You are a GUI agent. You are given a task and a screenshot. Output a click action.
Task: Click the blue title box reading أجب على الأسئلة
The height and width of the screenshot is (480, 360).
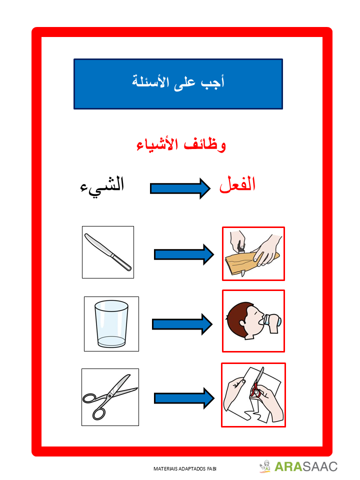point(178,83)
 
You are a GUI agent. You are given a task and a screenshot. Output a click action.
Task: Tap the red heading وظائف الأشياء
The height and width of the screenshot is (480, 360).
point(181,145)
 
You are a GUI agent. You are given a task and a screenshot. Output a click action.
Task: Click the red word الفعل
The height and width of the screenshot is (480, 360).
point(237,184)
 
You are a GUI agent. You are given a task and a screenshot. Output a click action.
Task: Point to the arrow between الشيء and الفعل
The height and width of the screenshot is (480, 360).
point(180,188)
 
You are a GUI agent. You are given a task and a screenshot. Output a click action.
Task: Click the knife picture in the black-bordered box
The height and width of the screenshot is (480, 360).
point(108,252)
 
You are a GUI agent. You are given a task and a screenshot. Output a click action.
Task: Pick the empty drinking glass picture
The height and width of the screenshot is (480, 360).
point(111,323)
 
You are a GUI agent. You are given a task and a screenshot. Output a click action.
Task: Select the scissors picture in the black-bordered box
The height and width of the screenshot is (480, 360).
point(110,396)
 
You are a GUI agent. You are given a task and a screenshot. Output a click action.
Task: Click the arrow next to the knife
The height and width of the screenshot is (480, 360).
point(183,254)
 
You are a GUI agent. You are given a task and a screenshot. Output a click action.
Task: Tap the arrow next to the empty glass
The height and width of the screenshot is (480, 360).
point(182,324)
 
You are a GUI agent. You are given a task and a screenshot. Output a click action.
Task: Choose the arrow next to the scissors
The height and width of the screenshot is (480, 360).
point(183,398)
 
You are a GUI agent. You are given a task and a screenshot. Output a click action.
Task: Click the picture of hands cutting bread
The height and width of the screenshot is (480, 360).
point(253,253)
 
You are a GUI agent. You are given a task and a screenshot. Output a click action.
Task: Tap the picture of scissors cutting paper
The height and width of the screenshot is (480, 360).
point(253,395)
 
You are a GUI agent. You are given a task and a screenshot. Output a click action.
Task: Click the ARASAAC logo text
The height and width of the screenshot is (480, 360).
point(306,466)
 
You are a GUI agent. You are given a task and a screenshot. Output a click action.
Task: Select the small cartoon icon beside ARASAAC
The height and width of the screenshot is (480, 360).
point(265,466)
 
